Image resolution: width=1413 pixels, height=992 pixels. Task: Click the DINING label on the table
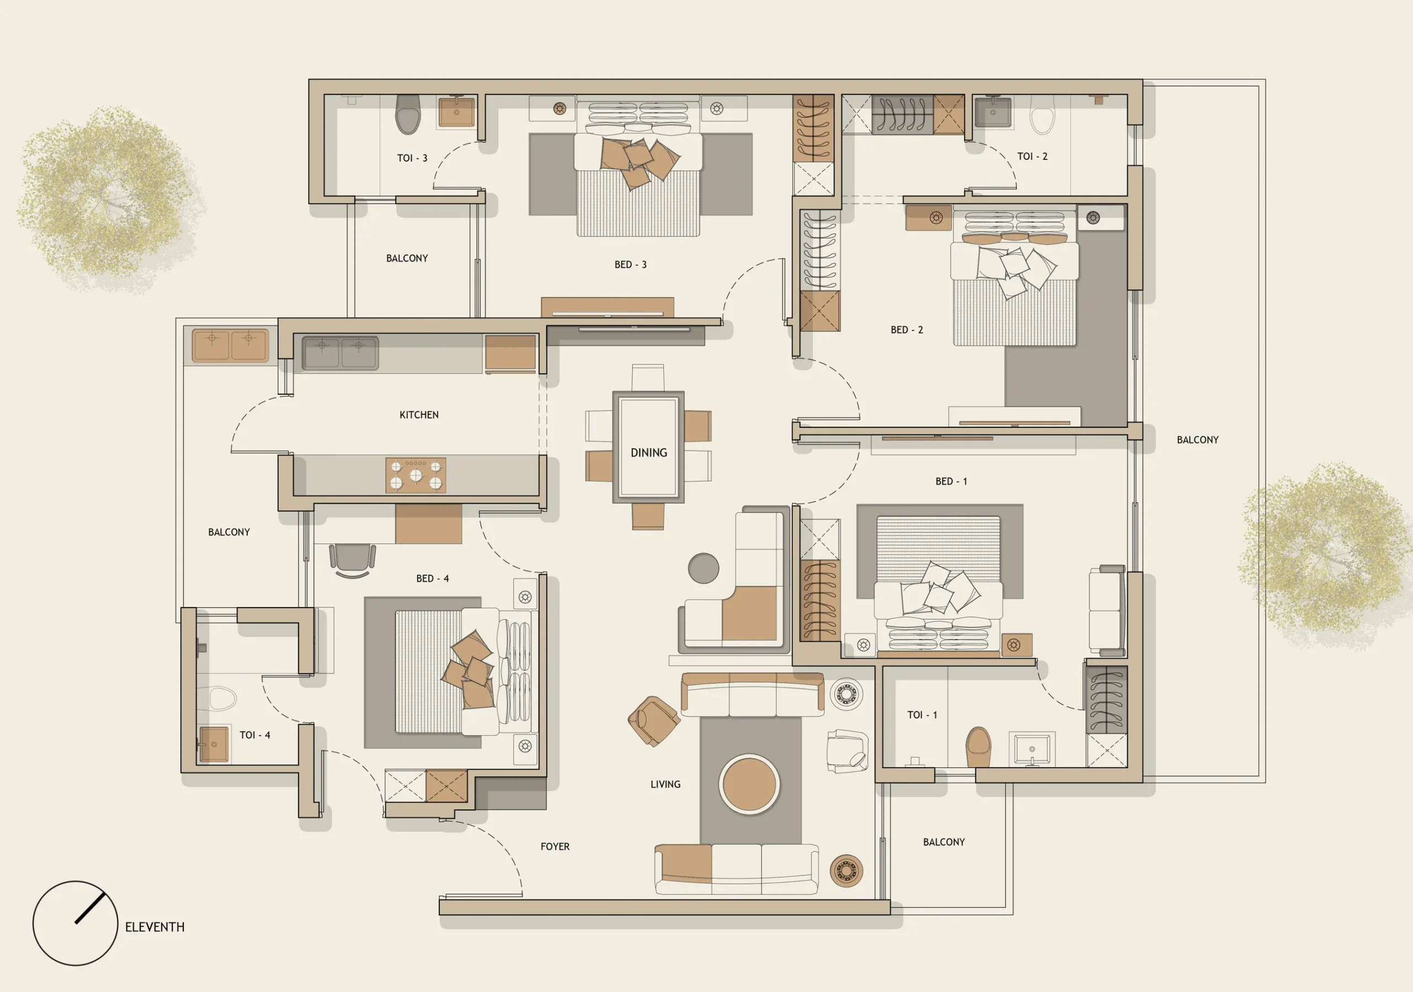point(649,453)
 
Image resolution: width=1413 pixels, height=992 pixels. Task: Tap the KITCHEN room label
point(419,415)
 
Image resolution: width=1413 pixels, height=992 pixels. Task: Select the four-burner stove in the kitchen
point(416,475)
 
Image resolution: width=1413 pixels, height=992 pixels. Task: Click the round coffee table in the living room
point(749,784)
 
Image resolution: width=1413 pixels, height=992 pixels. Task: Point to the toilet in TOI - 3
point(407,114)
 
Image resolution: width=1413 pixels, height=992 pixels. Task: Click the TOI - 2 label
point(1032,156)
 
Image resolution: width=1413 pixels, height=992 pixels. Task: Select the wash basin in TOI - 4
point(214,744)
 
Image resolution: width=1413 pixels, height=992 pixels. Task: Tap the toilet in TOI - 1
point(979,747)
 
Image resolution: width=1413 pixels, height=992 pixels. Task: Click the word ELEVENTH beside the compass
point(155,927)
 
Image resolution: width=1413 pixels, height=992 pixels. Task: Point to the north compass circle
point(75,923)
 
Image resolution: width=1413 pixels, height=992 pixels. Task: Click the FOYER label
point(555,847)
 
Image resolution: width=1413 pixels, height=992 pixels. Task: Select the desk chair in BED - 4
point(352,560)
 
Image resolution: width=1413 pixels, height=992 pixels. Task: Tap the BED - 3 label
point(630,265)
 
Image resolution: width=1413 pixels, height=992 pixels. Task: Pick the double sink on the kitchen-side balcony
point(230,345)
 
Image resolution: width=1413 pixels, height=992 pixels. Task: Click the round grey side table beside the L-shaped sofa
point(703,567)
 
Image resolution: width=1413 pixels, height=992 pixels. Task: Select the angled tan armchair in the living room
point(653,720)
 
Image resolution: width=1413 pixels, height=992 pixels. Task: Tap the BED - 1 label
point(951,481)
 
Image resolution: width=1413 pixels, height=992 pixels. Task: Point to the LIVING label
point(665,784)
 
